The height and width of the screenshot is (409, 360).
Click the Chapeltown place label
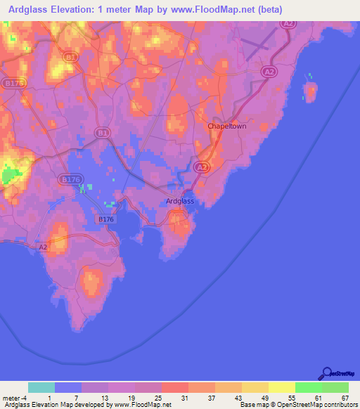[x=226, y=126]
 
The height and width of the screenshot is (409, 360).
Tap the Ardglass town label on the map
[x=179, y=201]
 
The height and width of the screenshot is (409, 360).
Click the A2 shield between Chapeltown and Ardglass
[x=201, y=167]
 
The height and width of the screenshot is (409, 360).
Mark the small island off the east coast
[x=309, y=92]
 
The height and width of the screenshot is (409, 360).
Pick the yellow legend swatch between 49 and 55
[x=281, y=387]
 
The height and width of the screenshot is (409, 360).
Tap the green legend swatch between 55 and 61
[x=308, y=387]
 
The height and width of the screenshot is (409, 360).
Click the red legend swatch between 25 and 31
[x=174, y=387]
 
